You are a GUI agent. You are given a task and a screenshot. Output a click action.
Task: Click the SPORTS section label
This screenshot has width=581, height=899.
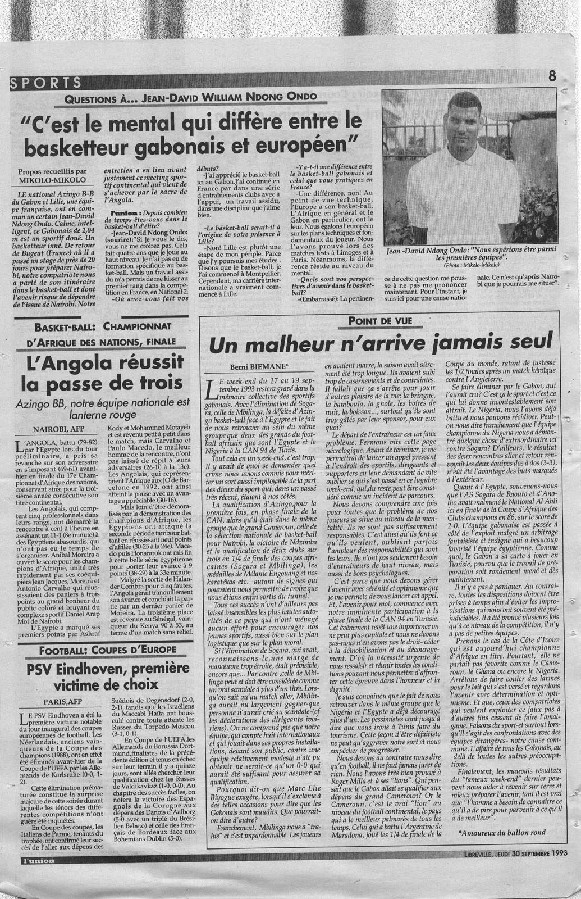[45, 83]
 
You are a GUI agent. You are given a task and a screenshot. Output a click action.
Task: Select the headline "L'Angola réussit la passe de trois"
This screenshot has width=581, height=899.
[98, 372]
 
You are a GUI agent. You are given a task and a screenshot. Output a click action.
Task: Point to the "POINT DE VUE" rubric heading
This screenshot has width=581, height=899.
[380, 320]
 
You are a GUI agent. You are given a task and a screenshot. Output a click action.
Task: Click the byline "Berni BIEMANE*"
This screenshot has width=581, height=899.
[256, 366]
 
